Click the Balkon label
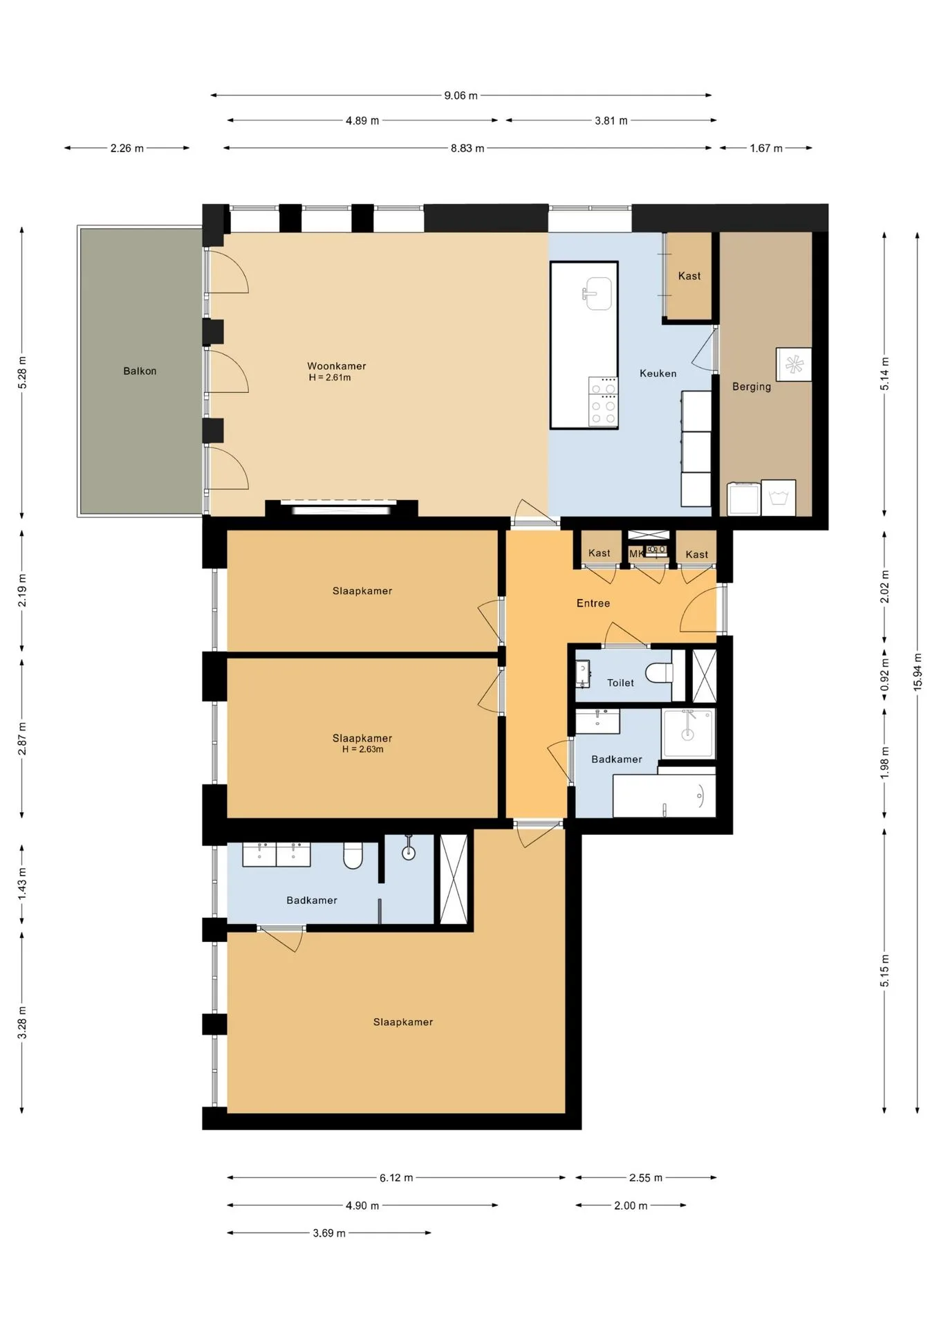pyautogui.click(x=140, y=371)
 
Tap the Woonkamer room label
pyautogui.click(x=337, y=366)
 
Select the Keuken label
pyautogui.click(x=658, y=373)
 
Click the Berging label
pyautogui.click(x=752, y=387)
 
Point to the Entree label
pyautogui.click(x=593, y=603)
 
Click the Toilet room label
pyautogui.click(x=620, y=683)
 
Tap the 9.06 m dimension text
pyautogui.click(x=461, y=95)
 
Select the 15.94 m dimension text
pyautogui.click(x=918, y=672)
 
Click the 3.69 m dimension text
pyautogui.click(x=329, y=1233)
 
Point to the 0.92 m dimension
pyautogui.click(x=884, y=675)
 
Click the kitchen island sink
pyautogui.click(x=597, y=294)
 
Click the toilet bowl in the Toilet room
pyautogui.click(x=659, y=672)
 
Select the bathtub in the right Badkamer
pyautogui.click(x=664, y=796)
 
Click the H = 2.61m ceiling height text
pyautogui.click(x=330, y=378)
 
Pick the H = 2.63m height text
pyautogui.click(x=363, y=749)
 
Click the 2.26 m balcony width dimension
pyautogui.click(x=127, y=148)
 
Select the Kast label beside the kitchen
pyautogui.click(x=689, y=276)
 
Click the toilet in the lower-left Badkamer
pyautogui.click(x=353, y=855)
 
